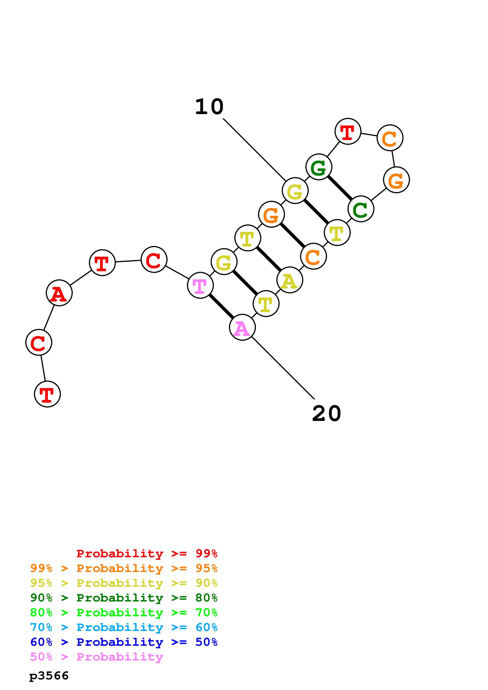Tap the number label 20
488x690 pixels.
[327, 414]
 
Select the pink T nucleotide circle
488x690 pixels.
[200, 285]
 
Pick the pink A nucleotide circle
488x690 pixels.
[242, 327]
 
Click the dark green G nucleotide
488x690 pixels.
[319, 167]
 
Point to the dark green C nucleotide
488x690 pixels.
[361, 209]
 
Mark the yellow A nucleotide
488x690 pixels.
[290, 280]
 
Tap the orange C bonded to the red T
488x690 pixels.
[390, 138]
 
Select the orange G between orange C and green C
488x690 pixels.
[396, 180]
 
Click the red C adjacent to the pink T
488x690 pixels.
[154, 259]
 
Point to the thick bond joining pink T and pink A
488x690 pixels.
[221, 306]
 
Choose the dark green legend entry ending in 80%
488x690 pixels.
[124, 598]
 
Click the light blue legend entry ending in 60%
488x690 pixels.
[124, 627]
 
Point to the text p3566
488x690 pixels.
[49, 676]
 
